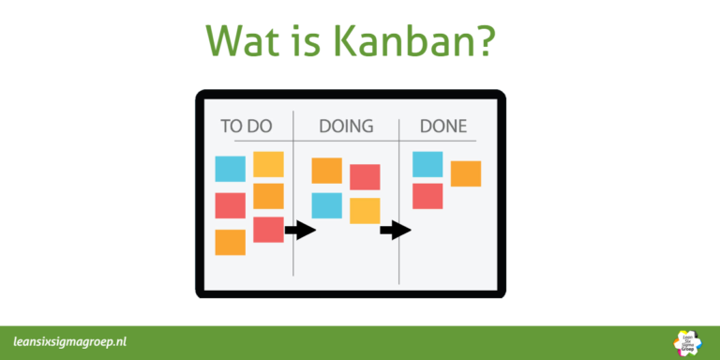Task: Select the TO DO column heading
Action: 246,126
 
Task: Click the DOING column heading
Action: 346,126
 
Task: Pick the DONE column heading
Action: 443,126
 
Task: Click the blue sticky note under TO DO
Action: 230,169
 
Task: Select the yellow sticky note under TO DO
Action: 268,164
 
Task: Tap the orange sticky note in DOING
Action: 326,171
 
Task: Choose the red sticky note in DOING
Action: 365,177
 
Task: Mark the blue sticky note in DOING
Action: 326,204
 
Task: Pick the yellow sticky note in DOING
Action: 365,210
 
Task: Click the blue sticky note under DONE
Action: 427,164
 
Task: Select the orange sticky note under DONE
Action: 466,173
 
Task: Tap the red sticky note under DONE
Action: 427,196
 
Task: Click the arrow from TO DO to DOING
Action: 300,230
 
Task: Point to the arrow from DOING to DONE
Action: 397,230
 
